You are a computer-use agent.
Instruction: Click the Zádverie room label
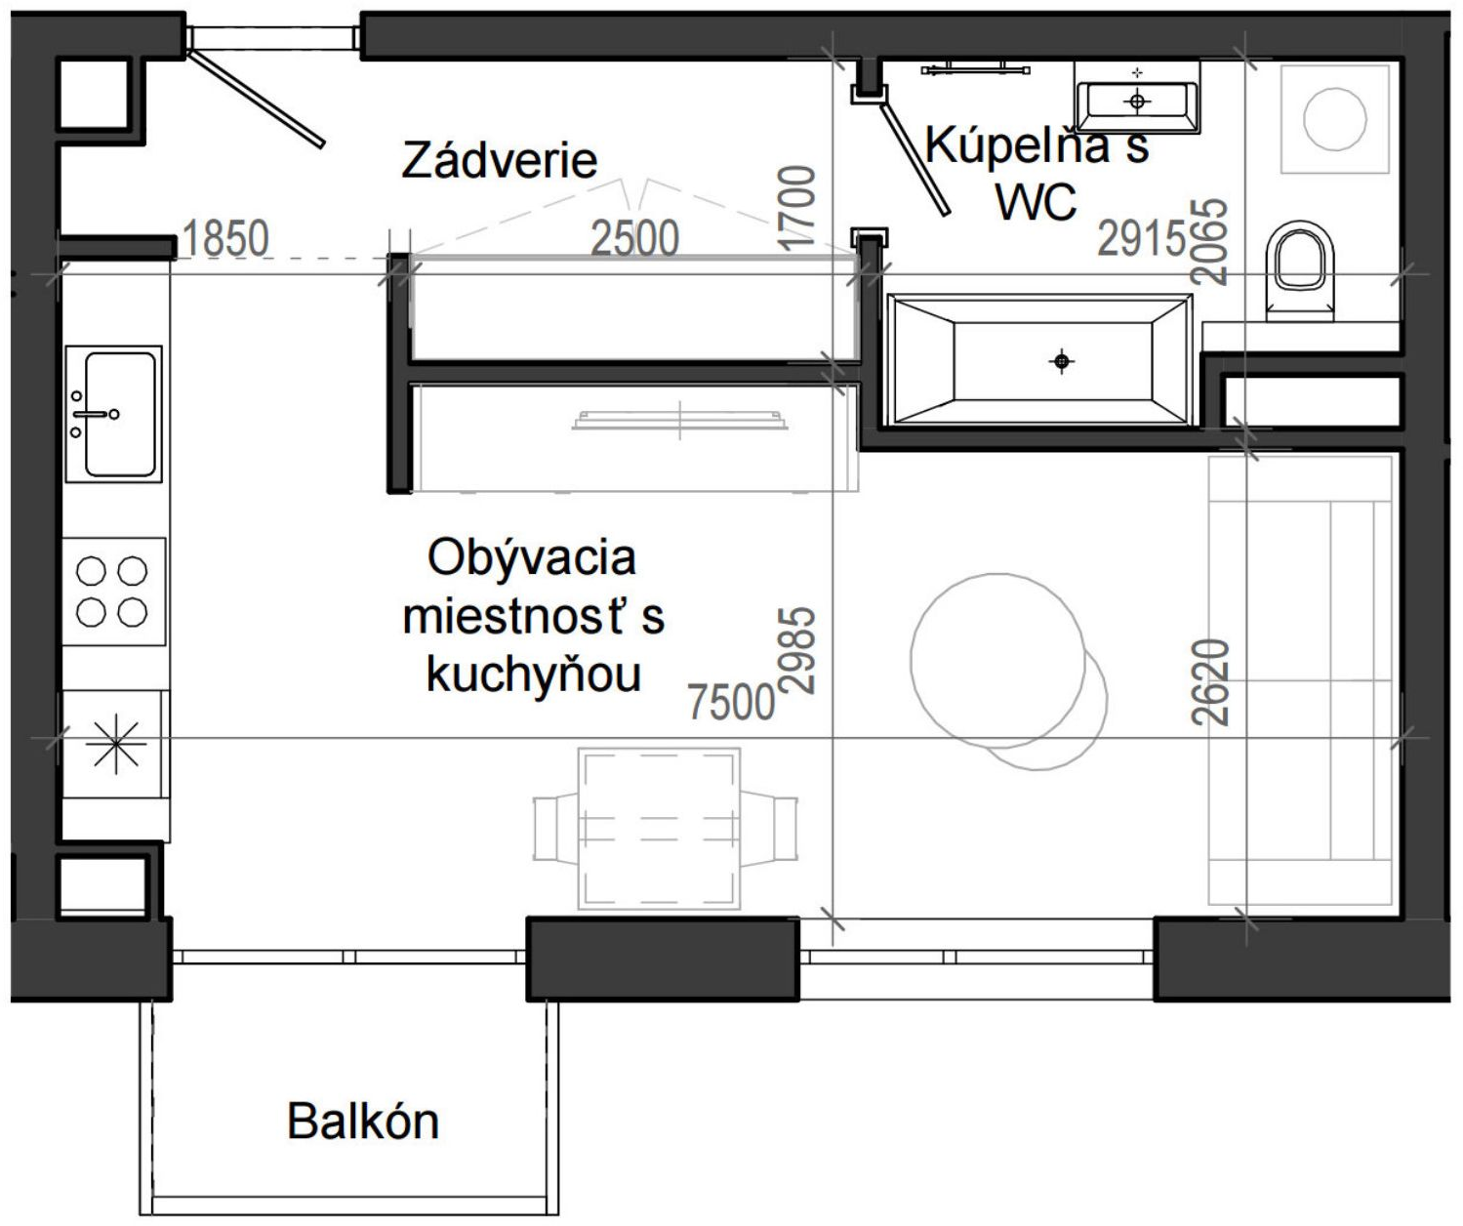coord(499,160)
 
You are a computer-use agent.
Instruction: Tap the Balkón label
coord(363,1121)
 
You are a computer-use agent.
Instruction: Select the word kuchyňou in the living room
coord(534,674)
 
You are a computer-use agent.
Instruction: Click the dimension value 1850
coord(224,238)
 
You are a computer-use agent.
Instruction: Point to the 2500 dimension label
coord(634,238)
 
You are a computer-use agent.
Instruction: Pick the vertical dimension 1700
coord(797,208)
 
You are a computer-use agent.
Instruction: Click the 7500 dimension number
coord(731,702)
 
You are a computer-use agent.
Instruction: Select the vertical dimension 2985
coord(797,650)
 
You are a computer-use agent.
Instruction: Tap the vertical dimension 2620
coord(1211,682)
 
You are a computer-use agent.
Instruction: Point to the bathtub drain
coord(1062,361)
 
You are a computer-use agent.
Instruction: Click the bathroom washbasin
coord(1137,99)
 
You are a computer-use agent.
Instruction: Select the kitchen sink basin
coord(120,414)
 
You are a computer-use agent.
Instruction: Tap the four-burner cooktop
coord(113,592)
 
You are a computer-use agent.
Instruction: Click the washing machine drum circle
coord(1335,119)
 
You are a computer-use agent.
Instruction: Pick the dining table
coord(659,829)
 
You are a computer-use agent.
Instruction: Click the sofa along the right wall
coord(1300,680)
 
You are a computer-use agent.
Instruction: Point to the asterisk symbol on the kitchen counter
coord(116,744)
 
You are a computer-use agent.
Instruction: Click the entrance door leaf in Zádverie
coord(257,99)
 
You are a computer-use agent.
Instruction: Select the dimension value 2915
coord(1142,238)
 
